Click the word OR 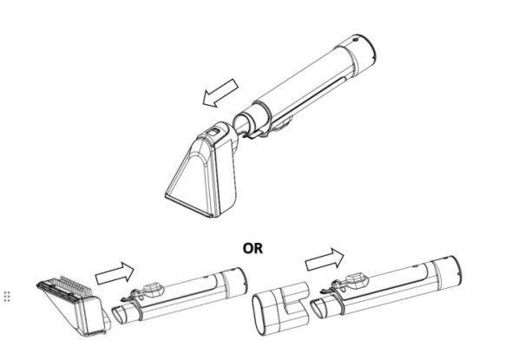253,248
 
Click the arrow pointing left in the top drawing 220,94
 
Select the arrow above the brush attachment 115,273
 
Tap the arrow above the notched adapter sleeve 325,259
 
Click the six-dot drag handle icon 7,296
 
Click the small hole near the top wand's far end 356,40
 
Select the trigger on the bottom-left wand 154,291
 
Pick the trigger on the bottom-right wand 357,279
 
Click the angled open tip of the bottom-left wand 118,315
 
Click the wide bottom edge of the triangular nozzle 188,206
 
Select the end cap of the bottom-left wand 235,283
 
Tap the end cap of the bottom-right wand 447,273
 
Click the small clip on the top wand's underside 254,134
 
